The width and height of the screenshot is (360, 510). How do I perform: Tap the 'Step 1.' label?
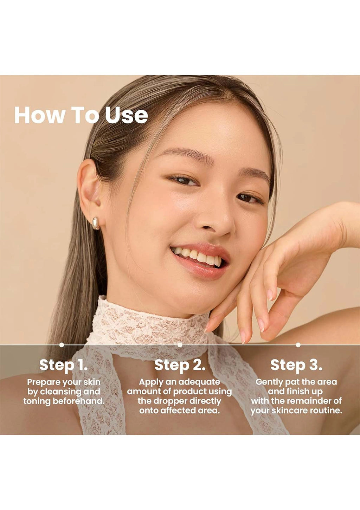tap(63, 365)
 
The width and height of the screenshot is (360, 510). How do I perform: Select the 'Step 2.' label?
tap(180, 365)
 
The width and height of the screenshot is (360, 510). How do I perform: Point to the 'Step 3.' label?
tap(296, 365)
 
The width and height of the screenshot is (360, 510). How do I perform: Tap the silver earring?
tap(96, 223)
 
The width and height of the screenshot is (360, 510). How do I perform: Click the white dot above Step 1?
tap(62, 345)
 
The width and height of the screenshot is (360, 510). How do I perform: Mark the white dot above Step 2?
tap(180, 345)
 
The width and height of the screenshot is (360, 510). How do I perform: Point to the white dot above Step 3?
tap(298, 345)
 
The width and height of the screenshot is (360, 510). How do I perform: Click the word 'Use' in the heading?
tap(126, 115)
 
